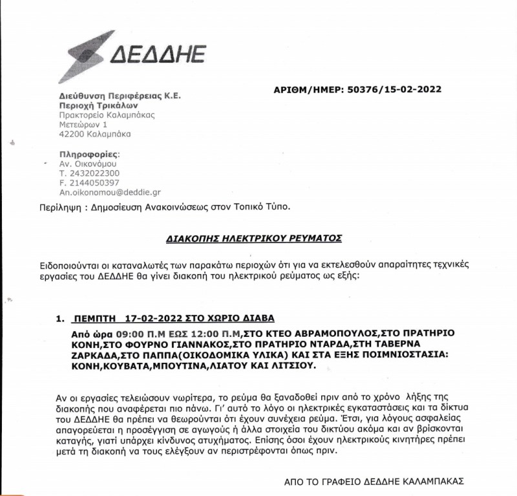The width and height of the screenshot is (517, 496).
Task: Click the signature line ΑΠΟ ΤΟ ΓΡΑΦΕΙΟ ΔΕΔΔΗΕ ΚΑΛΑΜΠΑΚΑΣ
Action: click(374, 482)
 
